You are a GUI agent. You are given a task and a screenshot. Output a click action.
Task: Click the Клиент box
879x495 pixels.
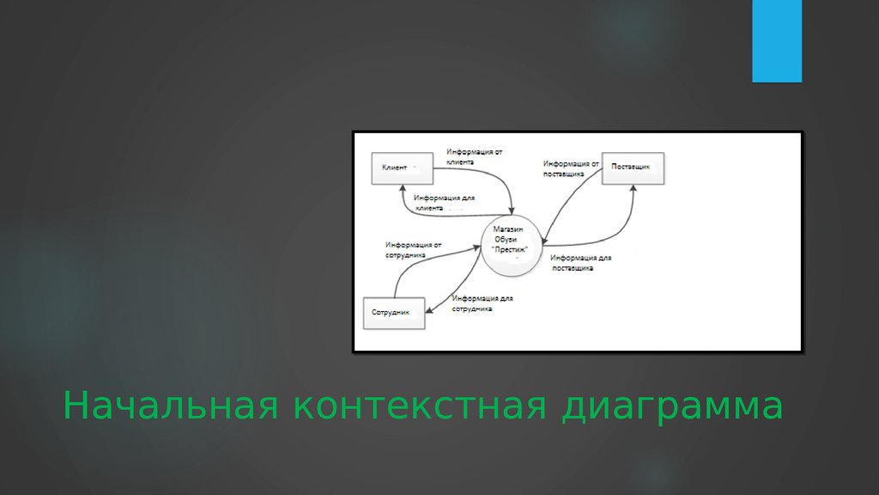pos(402,168)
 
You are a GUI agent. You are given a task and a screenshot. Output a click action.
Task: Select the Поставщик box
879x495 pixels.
pos(633,168)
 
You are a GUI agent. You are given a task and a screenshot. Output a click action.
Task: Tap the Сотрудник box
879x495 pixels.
pos(395,312)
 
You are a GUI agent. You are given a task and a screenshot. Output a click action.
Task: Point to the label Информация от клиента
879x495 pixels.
pos(474,156)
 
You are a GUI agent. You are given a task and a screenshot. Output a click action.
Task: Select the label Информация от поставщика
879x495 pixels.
pos(570,168)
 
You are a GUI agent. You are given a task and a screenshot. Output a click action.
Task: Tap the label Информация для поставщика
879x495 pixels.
pos(581,262)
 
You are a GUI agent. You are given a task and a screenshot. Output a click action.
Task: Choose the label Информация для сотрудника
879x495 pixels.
pos(482,303)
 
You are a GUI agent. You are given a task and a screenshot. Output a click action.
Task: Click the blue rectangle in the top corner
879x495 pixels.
pos(777,40)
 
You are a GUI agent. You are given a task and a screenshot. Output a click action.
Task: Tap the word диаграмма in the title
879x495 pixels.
pos(672,406)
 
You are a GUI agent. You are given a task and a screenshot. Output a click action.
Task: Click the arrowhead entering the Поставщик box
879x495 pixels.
pos(633,189)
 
